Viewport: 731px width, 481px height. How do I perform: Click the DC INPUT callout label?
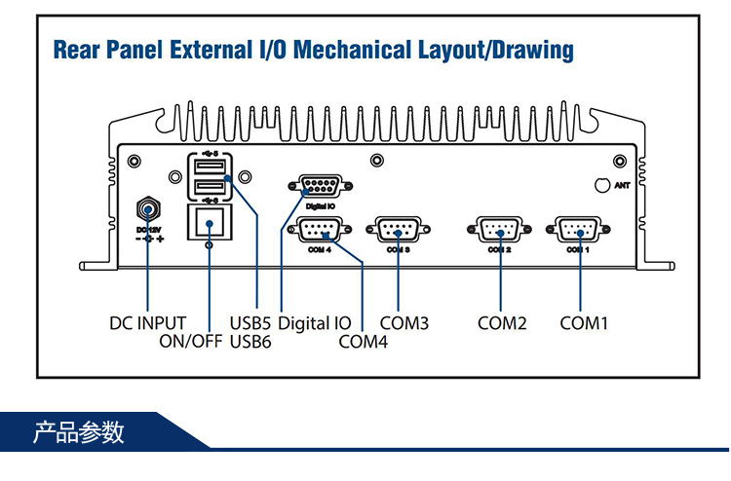click(146, 322)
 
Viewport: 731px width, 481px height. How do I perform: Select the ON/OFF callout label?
click(191, 341)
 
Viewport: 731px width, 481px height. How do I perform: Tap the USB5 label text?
click(250, 322)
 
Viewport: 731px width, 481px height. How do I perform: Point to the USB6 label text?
click(250, 341)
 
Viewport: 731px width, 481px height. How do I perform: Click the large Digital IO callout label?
click(315, 322)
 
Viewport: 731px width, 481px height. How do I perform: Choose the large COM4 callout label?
click(364, 341)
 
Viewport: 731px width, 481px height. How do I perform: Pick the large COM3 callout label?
click(404, 322)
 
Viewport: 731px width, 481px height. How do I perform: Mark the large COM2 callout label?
click(502, 322)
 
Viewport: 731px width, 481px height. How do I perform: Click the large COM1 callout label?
click(584, 322)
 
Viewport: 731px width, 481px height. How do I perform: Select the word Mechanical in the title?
click(366, 50)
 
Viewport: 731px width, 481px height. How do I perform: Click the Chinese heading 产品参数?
click(79, 431)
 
